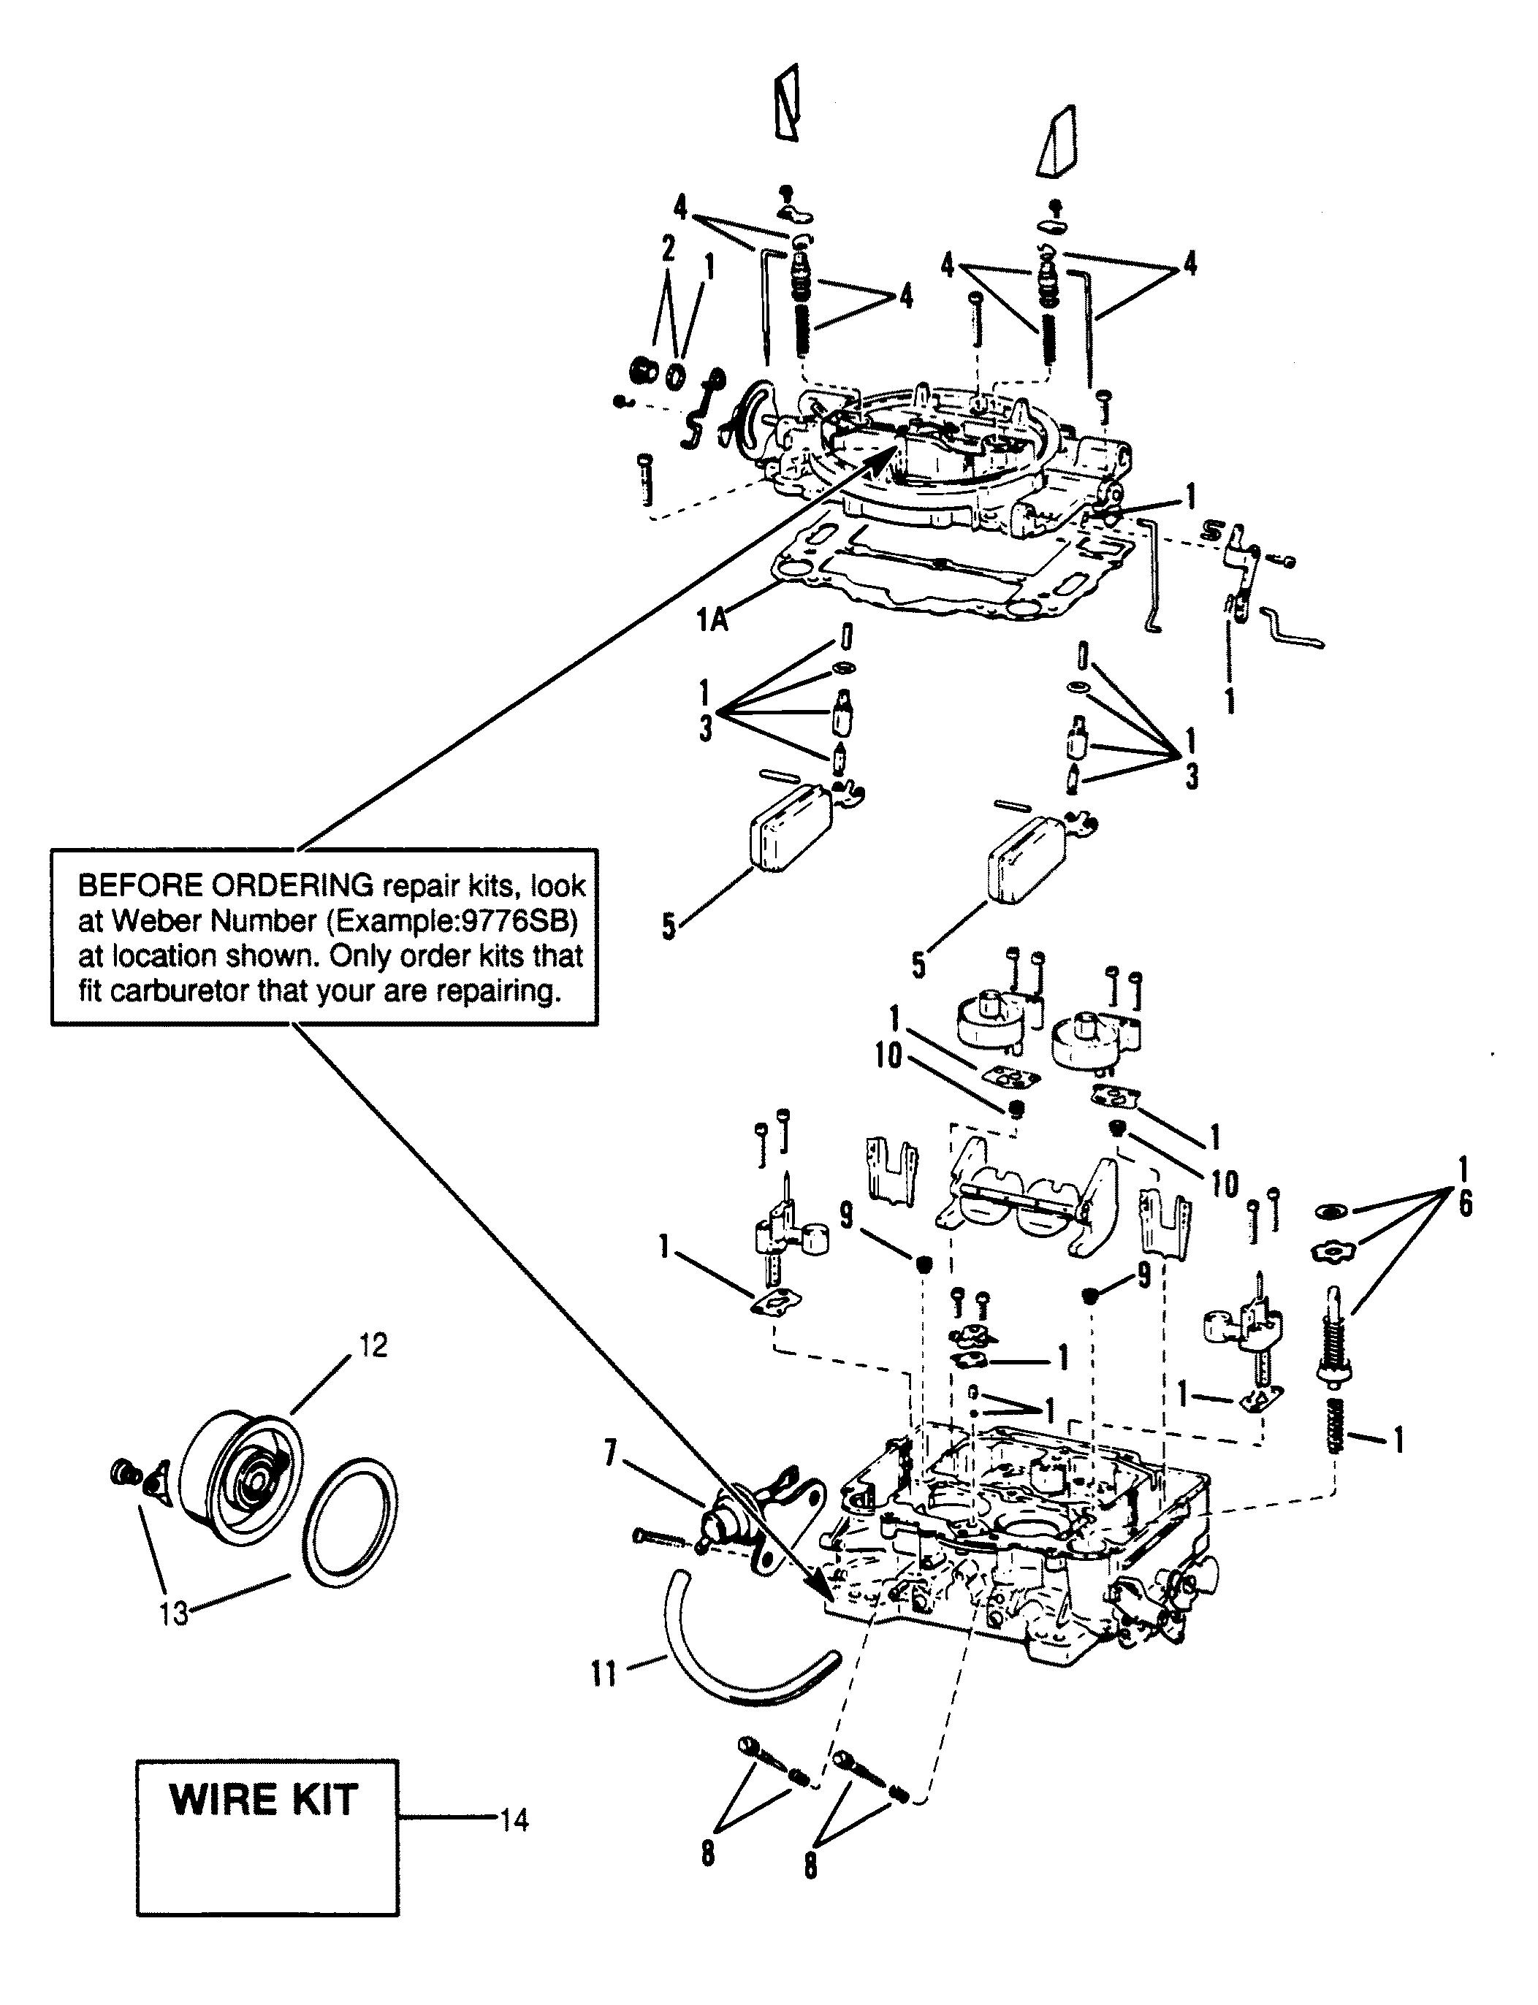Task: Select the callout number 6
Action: coord(1465,1205)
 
